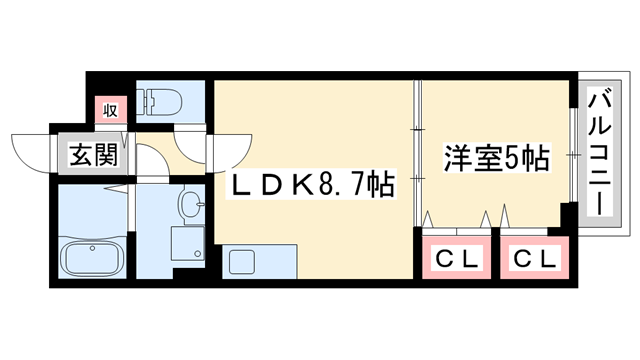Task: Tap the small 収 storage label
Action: pos(108,108)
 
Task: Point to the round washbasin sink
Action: pos(191,206)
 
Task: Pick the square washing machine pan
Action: pos(186,244)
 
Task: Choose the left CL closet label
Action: pos(458,259)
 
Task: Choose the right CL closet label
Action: pos(534,259)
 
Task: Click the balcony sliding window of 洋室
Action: pos(573,155)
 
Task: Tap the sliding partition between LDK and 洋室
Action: pos(417,150)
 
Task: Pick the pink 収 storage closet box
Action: pos(108,109)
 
